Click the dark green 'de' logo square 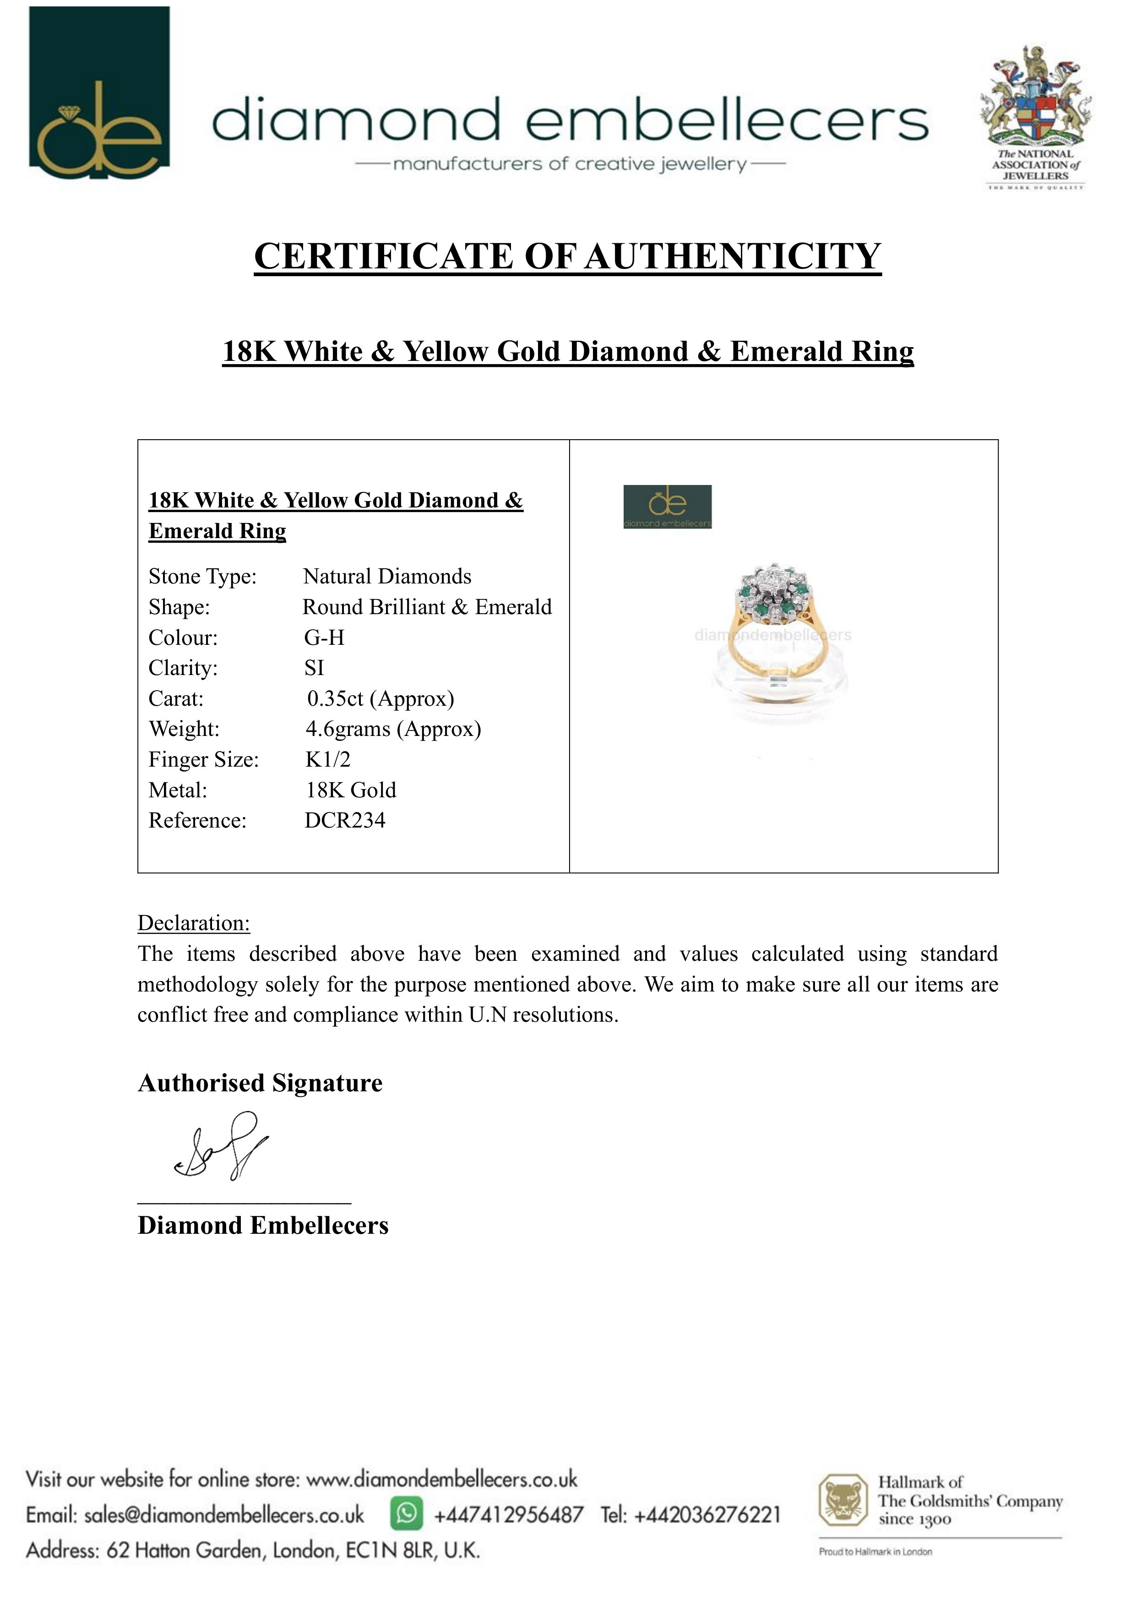point(99,93)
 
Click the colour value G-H point(324,637)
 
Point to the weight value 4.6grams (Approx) point(393,729)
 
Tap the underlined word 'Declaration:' point(193,923)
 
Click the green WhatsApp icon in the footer point(407,1514)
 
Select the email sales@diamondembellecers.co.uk point(224,1515)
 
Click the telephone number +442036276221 point(707,1515)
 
